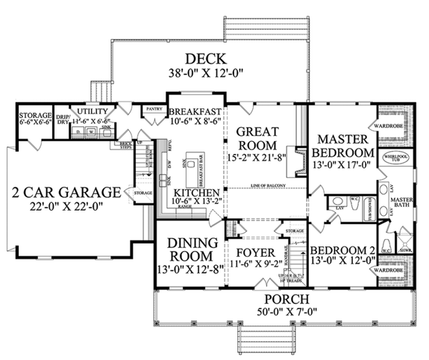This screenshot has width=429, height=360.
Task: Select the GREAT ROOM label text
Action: pyautogui.click(x=257, y=139)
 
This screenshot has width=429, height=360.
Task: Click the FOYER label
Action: pyautogui.click(x=256, y=252)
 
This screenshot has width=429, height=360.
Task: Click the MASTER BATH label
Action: pyautogui.click(x=403, y=202)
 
